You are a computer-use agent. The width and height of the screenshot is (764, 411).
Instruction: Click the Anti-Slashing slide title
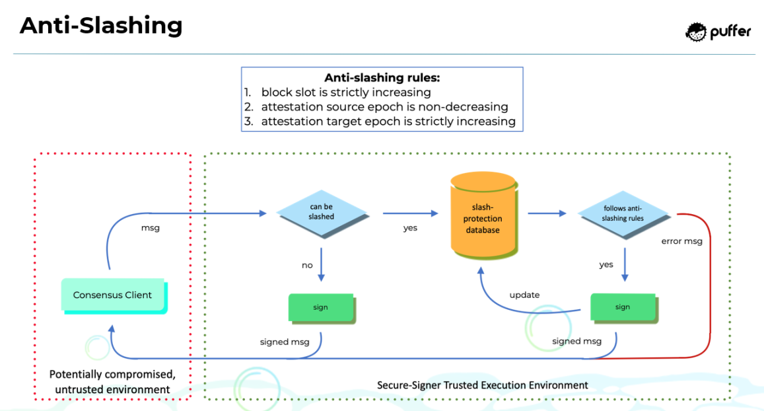101,26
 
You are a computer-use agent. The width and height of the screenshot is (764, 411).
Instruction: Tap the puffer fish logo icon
696,31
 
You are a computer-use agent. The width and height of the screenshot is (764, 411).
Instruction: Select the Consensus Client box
112,295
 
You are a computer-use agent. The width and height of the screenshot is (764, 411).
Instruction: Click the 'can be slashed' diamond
322,212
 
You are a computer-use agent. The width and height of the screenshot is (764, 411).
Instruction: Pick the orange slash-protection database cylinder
483,214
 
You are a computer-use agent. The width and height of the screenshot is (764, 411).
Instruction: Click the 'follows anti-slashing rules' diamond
623,213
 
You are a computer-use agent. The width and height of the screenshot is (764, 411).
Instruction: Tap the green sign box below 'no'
321,307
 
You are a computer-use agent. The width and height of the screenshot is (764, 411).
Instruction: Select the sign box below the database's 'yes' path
623,307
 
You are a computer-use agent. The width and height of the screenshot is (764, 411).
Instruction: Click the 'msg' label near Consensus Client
151,228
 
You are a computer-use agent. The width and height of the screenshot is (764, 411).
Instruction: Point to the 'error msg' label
681,241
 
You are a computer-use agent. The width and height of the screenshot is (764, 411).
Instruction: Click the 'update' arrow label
524,295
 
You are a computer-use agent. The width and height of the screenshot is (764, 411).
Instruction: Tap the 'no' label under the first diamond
307,265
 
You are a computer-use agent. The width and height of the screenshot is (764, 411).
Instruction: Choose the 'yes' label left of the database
411,228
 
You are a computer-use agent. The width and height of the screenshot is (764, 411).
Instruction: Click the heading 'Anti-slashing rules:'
382,78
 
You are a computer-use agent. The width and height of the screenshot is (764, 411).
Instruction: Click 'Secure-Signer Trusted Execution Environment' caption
482,385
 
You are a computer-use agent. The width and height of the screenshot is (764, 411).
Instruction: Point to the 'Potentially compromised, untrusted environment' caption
112,382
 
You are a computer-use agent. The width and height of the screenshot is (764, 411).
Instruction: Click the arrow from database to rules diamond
547,213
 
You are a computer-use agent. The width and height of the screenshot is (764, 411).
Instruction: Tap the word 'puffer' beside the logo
730,32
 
